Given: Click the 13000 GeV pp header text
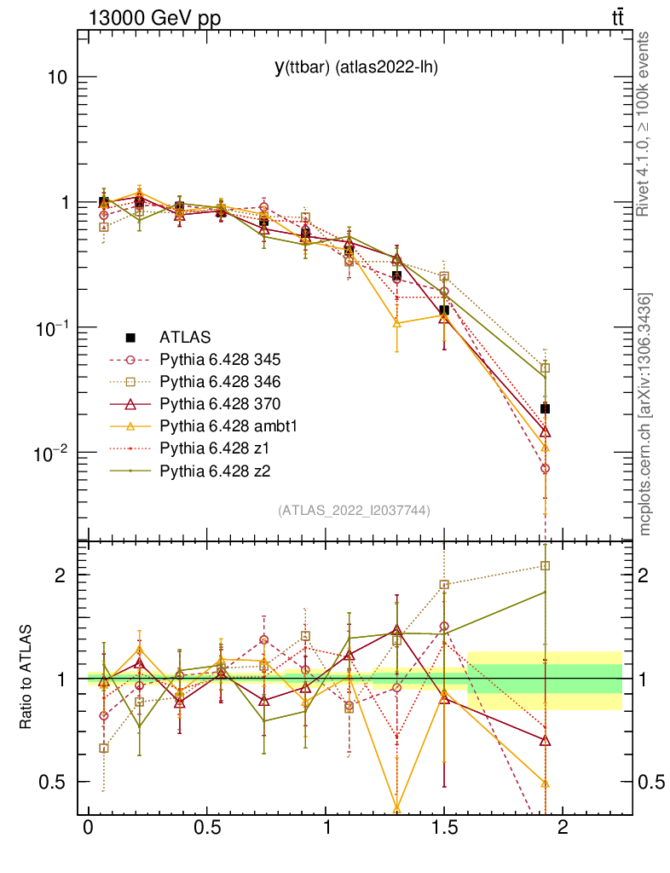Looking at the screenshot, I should (x=153, y=18).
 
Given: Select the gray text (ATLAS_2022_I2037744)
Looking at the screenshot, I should (x=354, y=511).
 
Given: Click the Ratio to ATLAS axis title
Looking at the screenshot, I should (x=27, y=676).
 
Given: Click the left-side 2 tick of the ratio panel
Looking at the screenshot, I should (x=61, y=575).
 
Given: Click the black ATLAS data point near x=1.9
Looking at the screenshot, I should (x=545, y=409).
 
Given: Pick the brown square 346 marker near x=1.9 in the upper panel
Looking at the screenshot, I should (x=545, y=368).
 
